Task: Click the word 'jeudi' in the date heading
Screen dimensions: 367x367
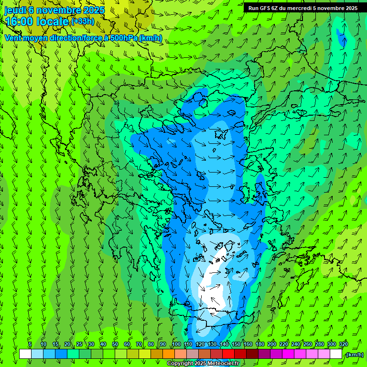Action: click(15, 10)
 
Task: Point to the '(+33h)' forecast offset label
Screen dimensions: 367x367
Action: click(82, 21)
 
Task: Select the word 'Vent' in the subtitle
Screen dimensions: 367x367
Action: click(13, 38)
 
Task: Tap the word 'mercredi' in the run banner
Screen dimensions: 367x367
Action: click(301, 8)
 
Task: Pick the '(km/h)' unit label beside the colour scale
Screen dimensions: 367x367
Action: click(354, 355)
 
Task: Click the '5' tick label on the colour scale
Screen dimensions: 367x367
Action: click(30, 345)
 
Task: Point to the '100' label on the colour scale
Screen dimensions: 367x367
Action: click(176, 345)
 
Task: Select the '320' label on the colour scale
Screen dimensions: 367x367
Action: click(343, 345)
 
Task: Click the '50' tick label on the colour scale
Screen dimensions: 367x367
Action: click(115, 345)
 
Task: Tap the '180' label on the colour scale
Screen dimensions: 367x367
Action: click(259, 345)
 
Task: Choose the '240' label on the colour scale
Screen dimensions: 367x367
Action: click(295, 345)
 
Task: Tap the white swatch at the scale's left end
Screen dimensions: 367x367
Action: click(25, 354)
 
